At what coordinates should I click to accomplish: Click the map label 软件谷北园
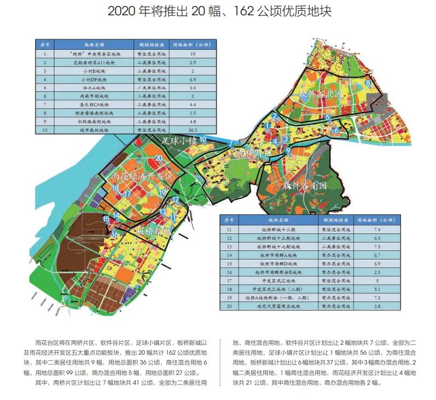(320, 95)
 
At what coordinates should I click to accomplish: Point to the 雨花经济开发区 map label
(141, 177)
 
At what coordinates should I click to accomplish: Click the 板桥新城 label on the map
(154, 231)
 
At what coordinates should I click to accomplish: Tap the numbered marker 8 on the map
(368, 83)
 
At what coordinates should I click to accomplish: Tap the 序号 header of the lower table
(229, 220)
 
